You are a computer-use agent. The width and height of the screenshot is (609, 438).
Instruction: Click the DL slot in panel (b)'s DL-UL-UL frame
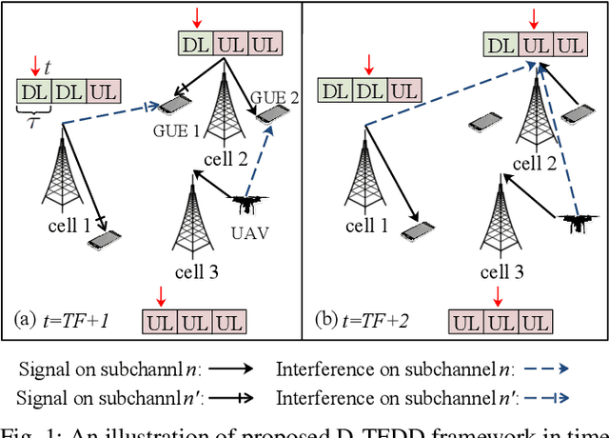(x=501, y=45)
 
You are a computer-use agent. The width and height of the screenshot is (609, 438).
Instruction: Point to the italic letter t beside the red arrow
(x=49, y=68)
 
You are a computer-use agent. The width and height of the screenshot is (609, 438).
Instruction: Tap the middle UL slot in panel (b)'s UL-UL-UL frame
(x=501, y=321)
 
